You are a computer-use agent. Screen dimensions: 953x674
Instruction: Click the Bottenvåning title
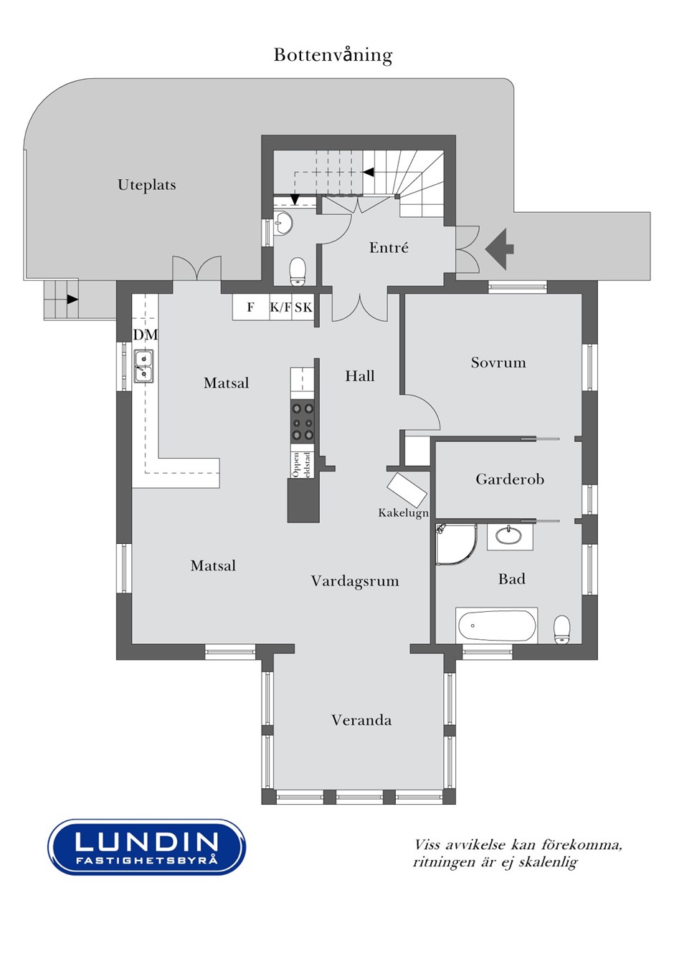point(333,55)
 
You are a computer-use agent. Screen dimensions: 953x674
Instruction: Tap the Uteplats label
point(146,185)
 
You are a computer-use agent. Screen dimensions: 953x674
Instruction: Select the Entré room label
point(389,248)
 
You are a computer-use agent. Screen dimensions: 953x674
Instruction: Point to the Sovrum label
point(498,363)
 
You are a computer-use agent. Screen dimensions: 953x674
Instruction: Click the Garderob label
point(510,479)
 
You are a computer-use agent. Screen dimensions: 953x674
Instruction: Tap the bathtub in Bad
point(496,626)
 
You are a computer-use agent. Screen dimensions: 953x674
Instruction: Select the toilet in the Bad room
point(562,629)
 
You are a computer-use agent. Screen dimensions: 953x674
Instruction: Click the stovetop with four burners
point(302,421)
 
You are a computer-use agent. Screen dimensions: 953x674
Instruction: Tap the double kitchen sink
point(143,365)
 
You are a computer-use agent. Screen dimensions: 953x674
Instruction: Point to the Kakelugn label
point(403,513)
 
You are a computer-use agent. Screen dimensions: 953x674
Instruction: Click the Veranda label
point(361,720)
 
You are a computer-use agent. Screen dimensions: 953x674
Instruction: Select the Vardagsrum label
point(355,581)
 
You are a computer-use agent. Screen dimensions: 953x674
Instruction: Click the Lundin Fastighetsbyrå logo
point(146,847)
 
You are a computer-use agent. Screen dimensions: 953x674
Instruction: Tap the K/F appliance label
point(280,307)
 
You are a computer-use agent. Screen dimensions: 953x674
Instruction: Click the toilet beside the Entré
point(298,269)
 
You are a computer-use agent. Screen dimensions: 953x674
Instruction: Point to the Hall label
point(360,376)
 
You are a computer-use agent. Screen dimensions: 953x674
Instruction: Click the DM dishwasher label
point(146,335)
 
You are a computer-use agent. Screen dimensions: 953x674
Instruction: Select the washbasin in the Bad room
point(510,535)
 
